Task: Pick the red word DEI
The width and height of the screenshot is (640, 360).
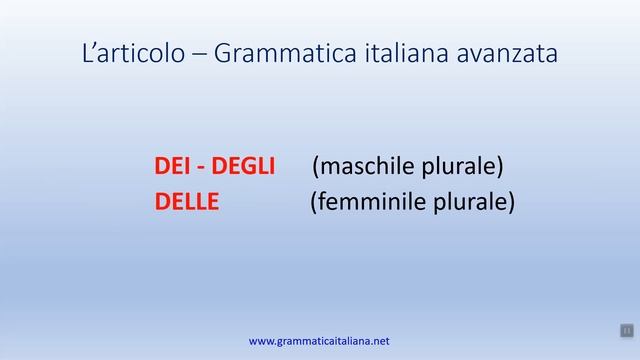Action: coord(173,166)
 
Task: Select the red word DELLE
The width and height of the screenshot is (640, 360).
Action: coord(187,203)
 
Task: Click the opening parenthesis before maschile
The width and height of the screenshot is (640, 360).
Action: coord(316,167)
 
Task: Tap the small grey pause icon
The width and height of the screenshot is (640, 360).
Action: coord(626,330)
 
